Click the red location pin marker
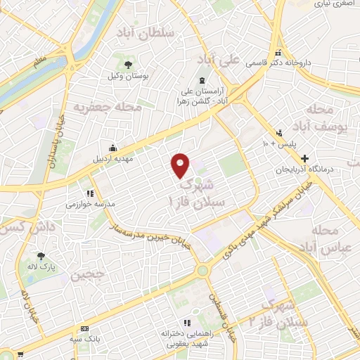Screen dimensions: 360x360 coord(181,165)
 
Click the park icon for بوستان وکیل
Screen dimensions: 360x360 coord(128,65)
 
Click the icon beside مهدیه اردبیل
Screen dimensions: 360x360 coord(112,148)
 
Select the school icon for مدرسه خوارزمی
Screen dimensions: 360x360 coord(90,193)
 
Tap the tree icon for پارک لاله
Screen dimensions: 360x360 coord(42,256)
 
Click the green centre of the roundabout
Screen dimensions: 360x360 coord(203,270)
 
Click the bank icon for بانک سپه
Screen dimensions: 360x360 coord(85,329)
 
